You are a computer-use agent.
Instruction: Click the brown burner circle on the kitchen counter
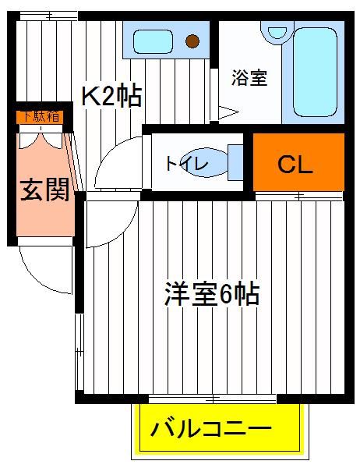(192, 41)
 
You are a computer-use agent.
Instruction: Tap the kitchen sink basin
(153, 42)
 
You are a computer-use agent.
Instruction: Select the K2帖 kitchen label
(111, 96)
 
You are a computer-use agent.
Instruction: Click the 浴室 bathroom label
(249, 77)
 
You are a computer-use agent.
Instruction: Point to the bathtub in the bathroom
(316, 72)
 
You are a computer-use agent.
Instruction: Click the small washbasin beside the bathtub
(277, 32)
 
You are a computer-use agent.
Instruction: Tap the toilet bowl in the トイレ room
(206, 163)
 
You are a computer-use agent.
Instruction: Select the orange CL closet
(298, 162)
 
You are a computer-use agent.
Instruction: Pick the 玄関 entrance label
(45, 190)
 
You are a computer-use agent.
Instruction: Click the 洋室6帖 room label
(212, 294)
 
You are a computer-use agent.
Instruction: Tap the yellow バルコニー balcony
(220, 427)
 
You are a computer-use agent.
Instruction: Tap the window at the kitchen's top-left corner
(47, 16)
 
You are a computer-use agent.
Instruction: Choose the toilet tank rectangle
(235, 162)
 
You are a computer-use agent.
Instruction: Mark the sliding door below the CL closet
(299, 196)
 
